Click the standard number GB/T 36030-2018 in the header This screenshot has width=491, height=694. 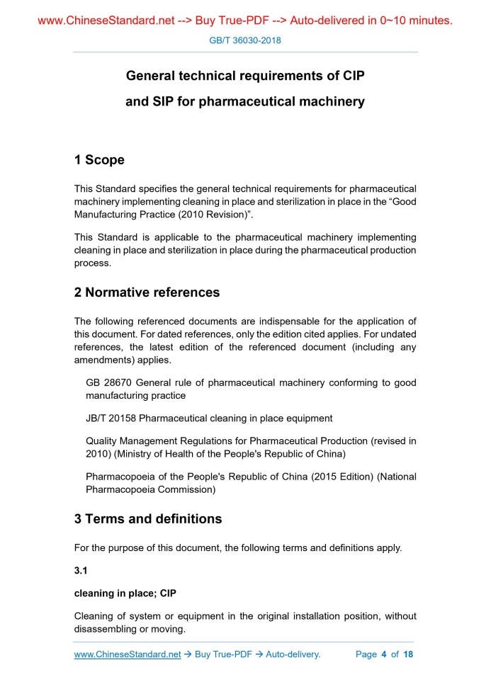pos(245,40)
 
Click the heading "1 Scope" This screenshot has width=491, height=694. pos(99,160)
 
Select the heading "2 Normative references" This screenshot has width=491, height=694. pos(147,292)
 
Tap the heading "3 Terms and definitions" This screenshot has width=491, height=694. pos(148,519)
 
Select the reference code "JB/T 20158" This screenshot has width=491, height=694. pos(111,418)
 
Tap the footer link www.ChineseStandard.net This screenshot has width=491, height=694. pos(128,654)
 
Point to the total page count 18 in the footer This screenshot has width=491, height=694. pos(408,654)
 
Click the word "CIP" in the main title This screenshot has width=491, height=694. pos(353,75)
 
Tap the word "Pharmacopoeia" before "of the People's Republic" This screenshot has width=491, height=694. pos(118,477)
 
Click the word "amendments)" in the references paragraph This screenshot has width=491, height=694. pos(106,360)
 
